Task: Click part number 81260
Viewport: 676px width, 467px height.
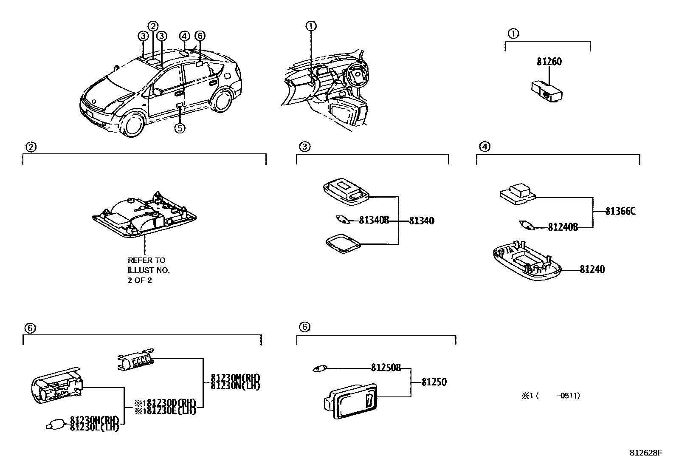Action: (549, 62)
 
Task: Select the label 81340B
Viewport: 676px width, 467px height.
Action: (374, 221)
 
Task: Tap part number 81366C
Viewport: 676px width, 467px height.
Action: (620, 211)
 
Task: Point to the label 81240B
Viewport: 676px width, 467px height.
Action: (563, 227)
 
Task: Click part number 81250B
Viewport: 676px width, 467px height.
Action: (386, 368)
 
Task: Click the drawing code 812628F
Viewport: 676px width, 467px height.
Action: (645, 453)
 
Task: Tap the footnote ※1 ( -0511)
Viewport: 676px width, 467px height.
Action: (550, 396)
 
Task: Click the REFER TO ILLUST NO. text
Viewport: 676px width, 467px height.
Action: (149, 270)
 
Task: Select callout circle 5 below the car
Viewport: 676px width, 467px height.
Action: (180, 127)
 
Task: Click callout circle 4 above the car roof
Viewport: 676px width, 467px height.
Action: (184, 36)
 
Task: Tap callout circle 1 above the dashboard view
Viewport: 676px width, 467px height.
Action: (311, 26)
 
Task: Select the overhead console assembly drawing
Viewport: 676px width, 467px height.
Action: (144, 215)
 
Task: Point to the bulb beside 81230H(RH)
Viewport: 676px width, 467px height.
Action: (56, 424)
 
